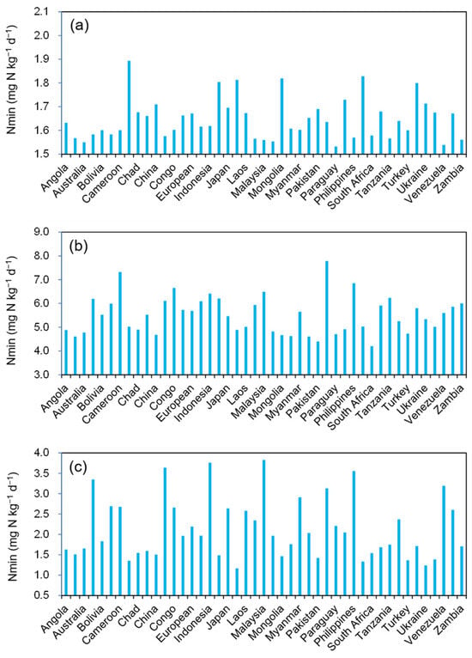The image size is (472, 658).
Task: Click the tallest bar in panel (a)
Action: click(129, 107)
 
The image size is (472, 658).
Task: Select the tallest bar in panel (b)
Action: click(327, 318)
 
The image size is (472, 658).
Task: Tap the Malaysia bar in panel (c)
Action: click(263, 527)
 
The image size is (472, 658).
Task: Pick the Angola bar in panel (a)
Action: click(66, 138)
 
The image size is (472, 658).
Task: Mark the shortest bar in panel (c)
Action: click(237, 582)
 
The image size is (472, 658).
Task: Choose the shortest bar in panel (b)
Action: click(372, 360)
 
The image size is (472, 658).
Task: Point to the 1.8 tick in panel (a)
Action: click(59, 82)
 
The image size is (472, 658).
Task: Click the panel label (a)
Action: click(80, 26)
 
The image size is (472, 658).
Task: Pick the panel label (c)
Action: click(79, 466)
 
